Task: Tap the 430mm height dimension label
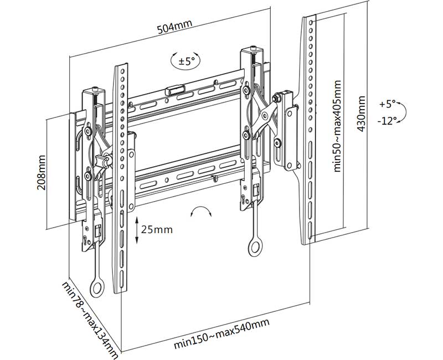coord(363,114)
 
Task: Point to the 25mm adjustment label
coord(157,229)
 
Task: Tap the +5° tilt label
coord(389,104)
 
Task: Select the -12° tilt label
coord(389,121)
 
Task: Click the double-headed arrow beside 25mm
coord(136,229)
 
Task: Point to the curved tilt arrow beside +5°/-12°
coord(405,112)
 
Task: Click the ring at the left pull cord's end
coord(97,287)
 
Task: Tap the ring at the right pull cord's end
coord(255,247)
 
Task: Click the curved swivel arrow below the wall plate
coord(200,212)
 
